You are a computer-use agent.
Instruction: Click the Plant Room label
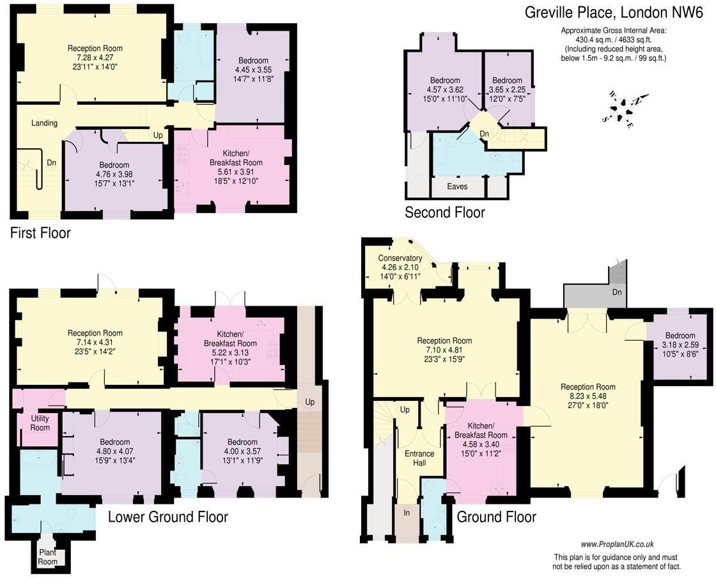pyautogui.click(x=47, y=557)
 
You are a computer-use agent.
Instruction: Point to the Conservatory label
pyautogui.click(x=400, y=258)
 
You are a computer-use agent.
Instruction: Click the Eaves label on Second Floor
pyautogui.click(x=456, y=187)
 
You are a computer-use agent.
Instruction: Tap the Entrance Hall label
pyautogui.click(x=419, y=458)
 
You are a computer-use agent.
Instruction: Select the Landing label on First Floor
pyautogui.click(x=44, y=123)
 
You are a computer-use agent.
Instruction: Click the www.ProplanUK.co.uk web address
pyautogui.click(x=616, y=544)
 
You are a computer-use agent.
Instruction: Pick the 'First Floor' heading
pyautogui.click(x=40, y=233)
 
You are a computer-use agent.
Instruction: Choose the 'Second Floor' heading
pyautogui.click(x=445, y=212)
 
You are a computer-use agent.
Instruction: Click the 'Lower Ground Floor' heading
pyautogui.click(x=167, y=517)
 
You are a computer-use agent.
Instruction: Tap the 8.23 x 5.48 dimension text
pyautogui.click(x=588, y=396)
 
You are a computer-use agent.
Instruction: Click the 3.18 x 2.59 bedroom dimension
pyautogui.click(x=680, y=345)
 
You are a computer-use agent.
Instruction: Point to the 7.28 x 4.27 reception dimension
pyautogui.click(x=95, y=58)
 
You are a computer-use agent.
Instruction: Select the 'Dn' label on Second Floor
pyautogui.click(x=485, y=133)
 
